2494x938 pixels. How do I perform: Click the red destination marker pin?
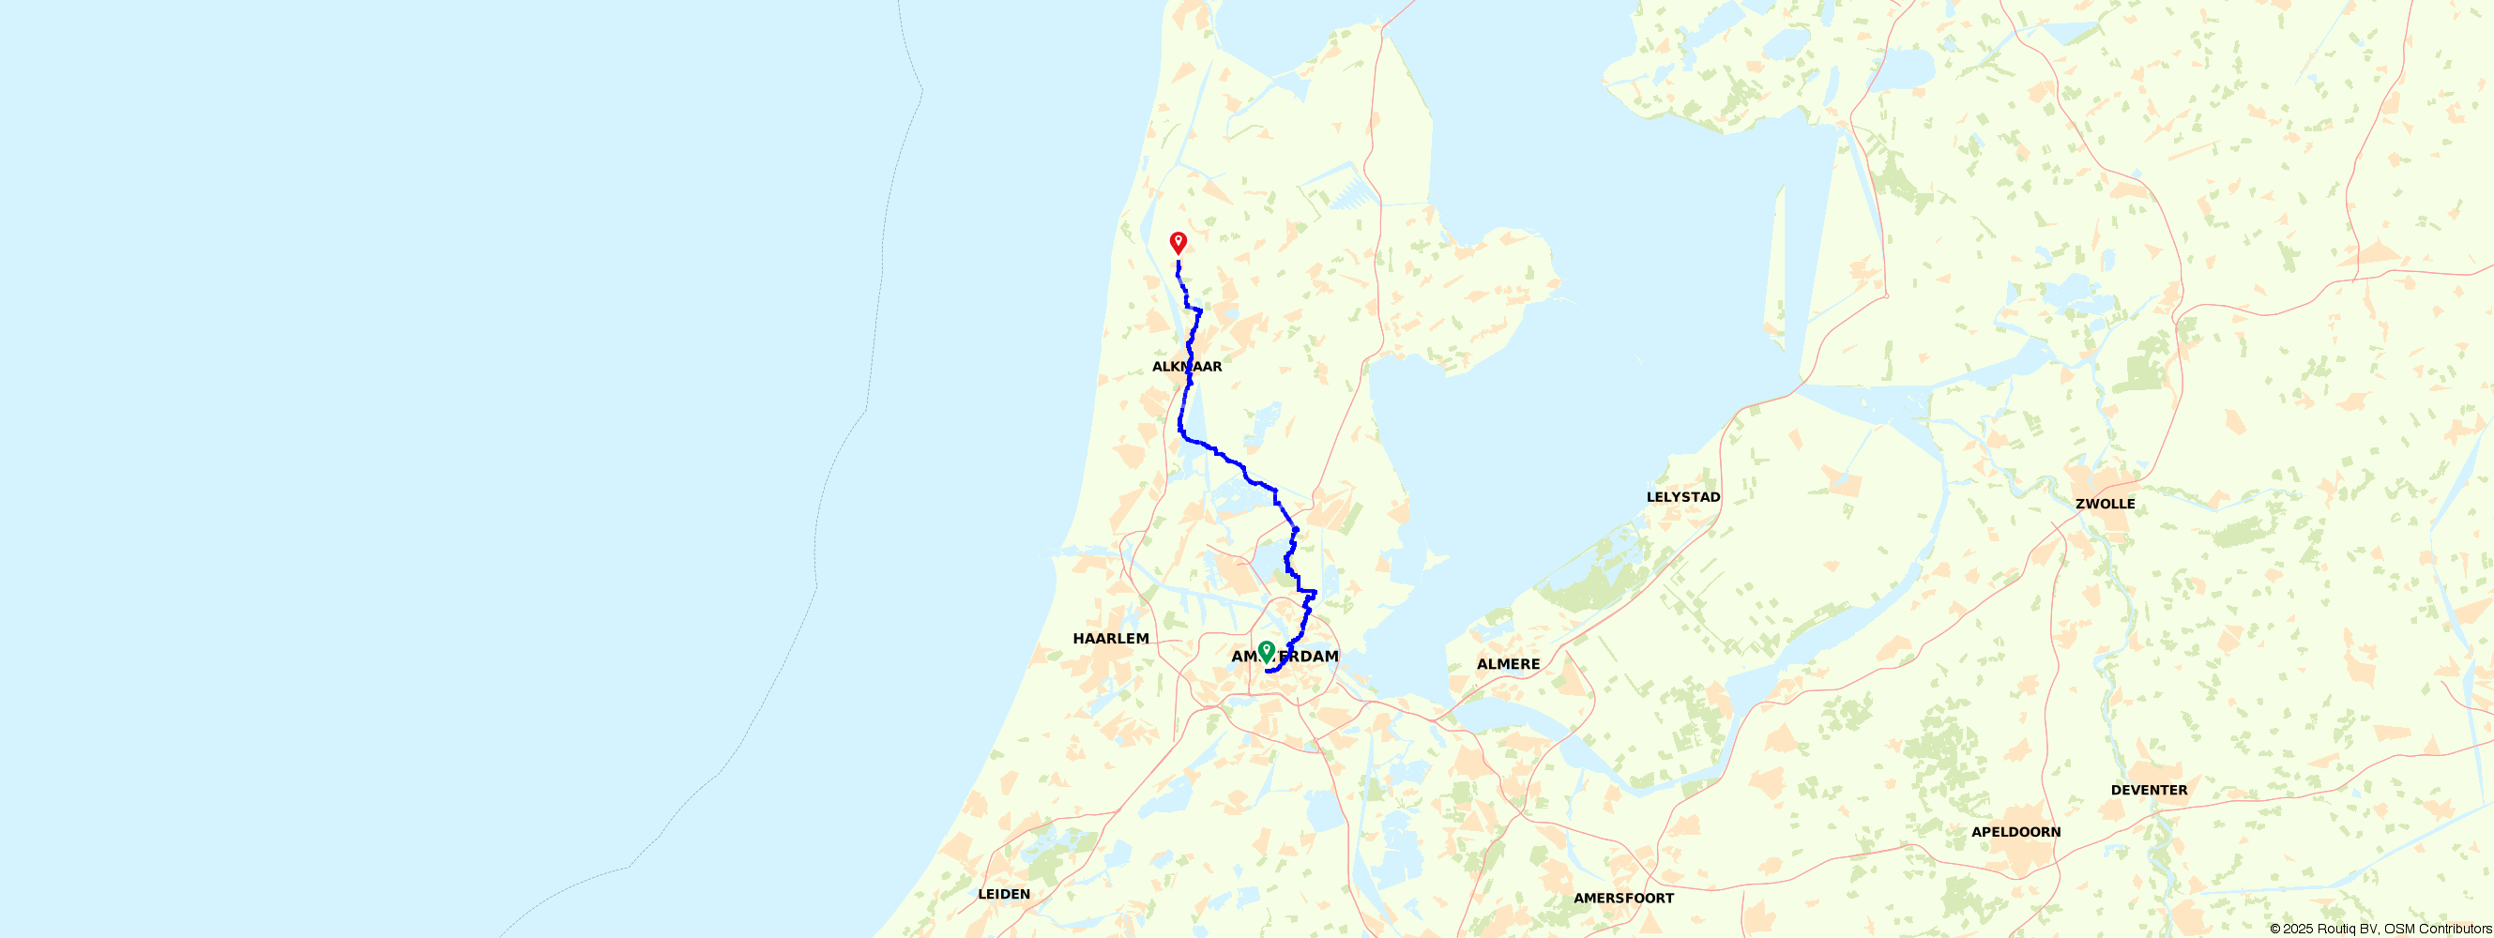coord(1179,241)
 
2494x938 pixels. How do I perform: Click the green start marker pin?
coord(1266,650)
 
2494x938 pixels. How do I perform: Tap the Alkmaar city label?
coord(1187,367)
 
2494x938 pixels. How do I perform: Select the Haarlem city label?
coord(1111,639)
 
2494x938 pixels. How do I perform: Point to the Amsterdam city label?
coord(1285,657)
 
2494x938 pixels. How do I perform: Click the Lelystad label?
coord(1683,497)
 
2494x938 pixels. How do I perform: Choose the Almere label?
coord(1508,664)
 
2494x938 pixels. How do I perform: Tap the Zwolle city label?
coord(2105,505)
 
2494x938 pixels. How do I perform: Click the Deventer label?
coord(2149,790)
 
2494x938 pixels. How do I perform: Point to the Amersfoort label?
coord(1623,899)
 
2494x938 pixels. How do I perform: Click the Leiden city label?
coord(1004,895)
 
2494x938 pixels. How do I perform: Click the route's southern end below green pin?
coord(1268,671)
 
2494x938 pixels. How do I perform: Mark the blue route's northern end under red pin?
coord(1179,262)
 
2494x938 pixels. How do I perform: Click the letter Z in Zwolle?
coord(2080,505)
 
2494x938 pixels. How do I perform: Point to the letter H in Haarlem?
coord(1078,639)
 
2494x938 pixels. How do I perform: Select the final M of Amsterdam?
coord(1331,657)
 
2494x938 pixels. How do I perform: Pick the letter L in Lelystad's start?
coord(1650,497)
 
